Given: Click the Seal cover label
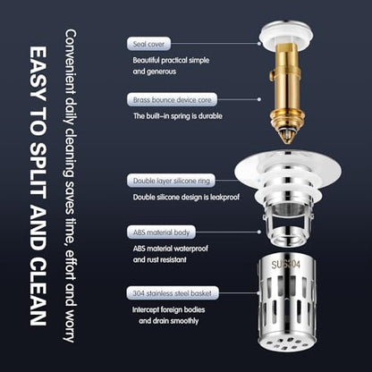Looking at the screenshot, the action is click(x=148, y=44).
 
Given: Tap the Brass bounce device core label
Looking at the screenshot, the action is click(x=172, y=99).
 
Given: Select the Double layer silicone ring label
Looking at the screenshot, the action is click(x=171, y=181).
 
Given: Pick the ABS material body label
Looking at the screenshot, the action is click(x=161, y=232).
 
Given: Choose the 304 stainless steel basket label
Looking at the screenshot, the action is click(x=173, y=293).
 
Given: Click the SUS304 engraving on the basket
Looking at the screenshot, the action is click(x=285, y=265).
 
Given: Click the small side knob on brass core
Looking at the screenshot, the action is click(x=271, y=75).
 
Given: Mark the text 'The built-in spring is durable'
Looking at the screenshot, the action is click(x=178, y=116).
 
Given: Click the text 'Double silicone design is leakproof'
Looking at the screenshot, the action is click(x=186, y=198).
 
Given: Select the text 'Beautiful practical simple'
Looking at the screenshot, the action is click(x=171, y=60).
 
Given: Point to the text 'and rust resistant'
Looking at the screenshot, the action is click(x=160, y=259).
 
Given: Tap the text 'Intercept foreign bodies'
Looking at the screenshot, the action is click(x=169, y=309).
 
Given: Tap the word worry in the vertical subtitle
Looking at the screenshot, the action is click(x=70, y=325).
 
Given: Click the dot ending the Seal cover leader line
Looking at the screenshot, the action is click(x=259, y=44).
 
